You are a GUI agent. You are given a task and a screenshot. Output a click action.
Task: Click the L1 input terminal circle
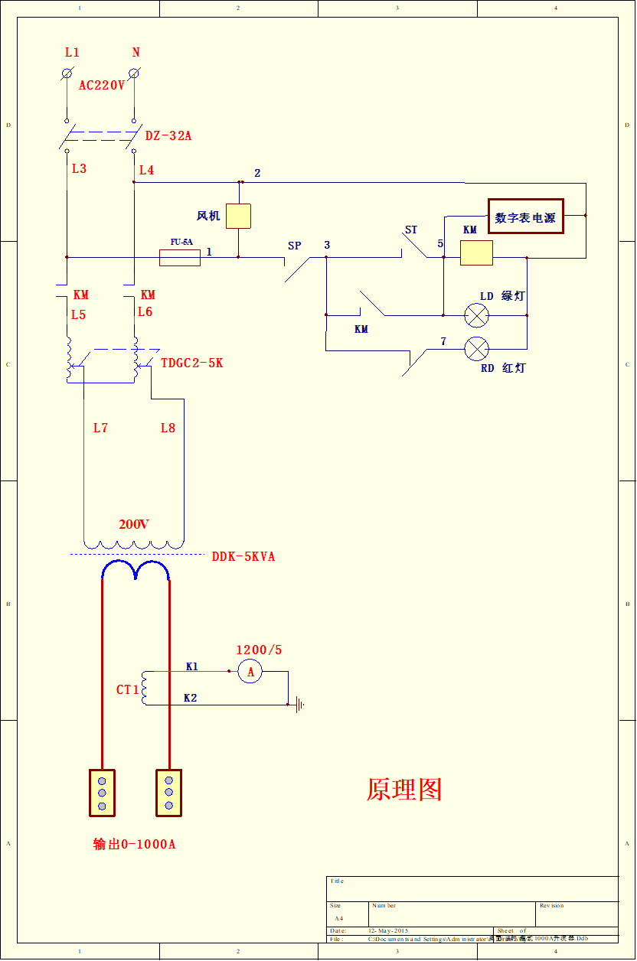coord(67,73)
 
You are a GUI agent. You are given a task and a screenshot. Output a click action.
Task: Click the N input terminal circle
coord(134,73)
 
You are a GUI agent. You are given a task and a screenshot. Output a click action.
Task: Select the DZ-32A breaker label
coord(168,136)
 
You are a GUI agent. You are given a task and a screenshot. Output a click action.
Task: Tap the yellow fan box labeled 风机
coord(239,217)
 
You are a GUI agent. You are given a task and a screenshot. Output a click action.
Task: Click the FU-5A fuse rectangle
coord(180,257)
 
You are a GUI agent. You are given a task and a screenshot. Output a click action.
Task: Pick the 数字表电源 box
coord(526,217)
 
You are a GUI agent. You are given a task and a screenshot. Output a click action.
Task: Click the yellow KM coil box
coord(476,252)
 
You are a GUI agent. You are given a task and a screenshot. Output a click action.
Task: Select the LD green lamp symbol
coord(477,314)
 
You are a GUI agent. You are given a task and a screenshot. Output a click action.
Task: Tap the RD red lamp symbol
coord(477,350)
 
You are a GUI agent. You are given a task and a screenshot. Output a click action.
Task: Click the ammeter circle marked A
coord(250,672)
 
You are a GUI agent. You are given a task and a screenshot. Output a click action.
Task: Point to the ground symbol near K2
coord(299,705)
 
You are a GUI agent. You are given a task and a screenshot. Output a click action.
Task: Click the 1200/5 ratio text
coord(259,650)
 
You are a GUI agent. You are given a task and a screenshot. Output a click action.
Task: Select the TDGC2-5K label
coord(192,363)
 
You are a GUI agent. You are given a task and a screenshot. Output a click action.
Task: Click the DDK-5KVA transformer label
coord(243,557)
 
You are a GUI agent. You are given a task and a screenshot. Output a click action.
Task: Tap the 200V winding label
coord(134,525)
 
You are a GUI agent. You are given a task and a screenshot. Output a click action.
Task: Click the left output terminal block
coord(102,793)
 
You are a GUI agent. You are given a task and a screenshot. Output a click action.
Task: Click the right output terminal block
coord(169,793)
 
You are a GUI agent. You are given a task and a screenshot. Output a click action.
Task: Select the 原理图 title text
coord(404,790)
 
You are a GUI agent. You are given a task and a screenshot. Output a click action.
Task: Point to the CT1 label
coord(128,690)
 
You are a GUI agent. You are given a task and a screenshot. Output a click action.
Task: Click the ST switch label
coord(411,230)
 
